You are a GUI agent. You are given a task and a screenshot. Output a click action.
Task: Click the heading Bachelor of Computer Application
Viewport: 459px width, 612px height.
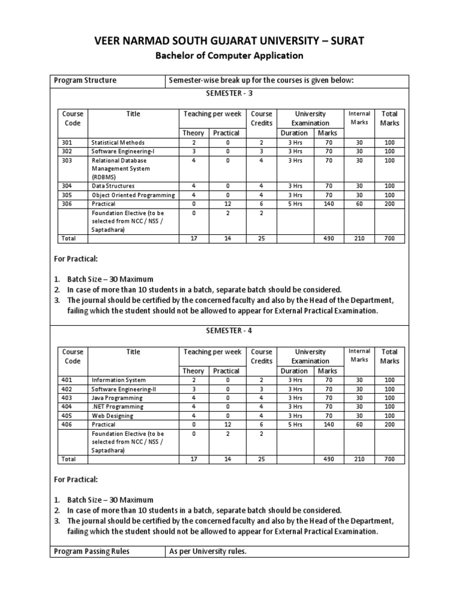pos(229,56)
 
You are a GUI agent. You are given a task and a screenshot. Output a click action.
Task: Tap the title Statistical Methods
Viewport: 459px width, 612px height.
pos(118,143)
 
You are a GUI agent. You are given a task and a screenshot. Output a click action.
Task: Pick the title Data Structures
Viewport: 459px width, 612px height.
pos(114,186)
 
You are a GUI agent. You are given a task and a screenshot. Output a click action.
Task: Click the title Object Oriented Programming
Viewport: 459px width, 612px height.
pos(133,195)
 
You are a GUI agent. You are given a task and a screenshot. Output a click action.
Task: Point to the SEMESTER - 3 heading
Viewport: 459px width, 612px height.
pos(229,93)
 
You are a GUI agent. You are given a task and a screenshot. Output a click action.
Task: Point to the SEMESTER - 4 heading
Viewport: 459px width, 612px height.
pos(229,331)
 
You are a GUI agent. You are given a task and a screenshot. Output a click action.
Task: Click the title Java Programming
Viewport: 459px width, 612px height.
pos(117,398)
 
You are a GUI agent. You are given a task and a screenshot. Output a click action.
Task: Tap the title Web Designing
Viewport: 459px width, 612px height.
pos(112,416)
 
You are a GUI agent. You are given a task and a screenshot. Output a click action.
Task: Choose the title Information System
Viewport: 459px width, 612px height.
pos(118,380)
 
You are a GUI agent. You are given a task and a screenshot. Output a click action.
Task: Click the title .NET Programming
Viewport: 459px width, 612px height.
pos(117,406)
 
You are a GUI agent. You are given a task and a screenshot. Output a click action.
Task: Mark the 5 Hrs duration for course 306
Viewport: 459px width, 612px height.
pos(295,204)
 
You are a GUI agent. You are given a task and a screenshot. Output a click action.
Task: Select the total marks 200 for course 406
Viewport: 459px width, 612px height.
pos(390,424)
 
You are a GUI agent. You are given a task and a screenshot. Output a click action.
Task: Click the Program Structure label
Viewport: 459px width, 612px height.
pos(85,81)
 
